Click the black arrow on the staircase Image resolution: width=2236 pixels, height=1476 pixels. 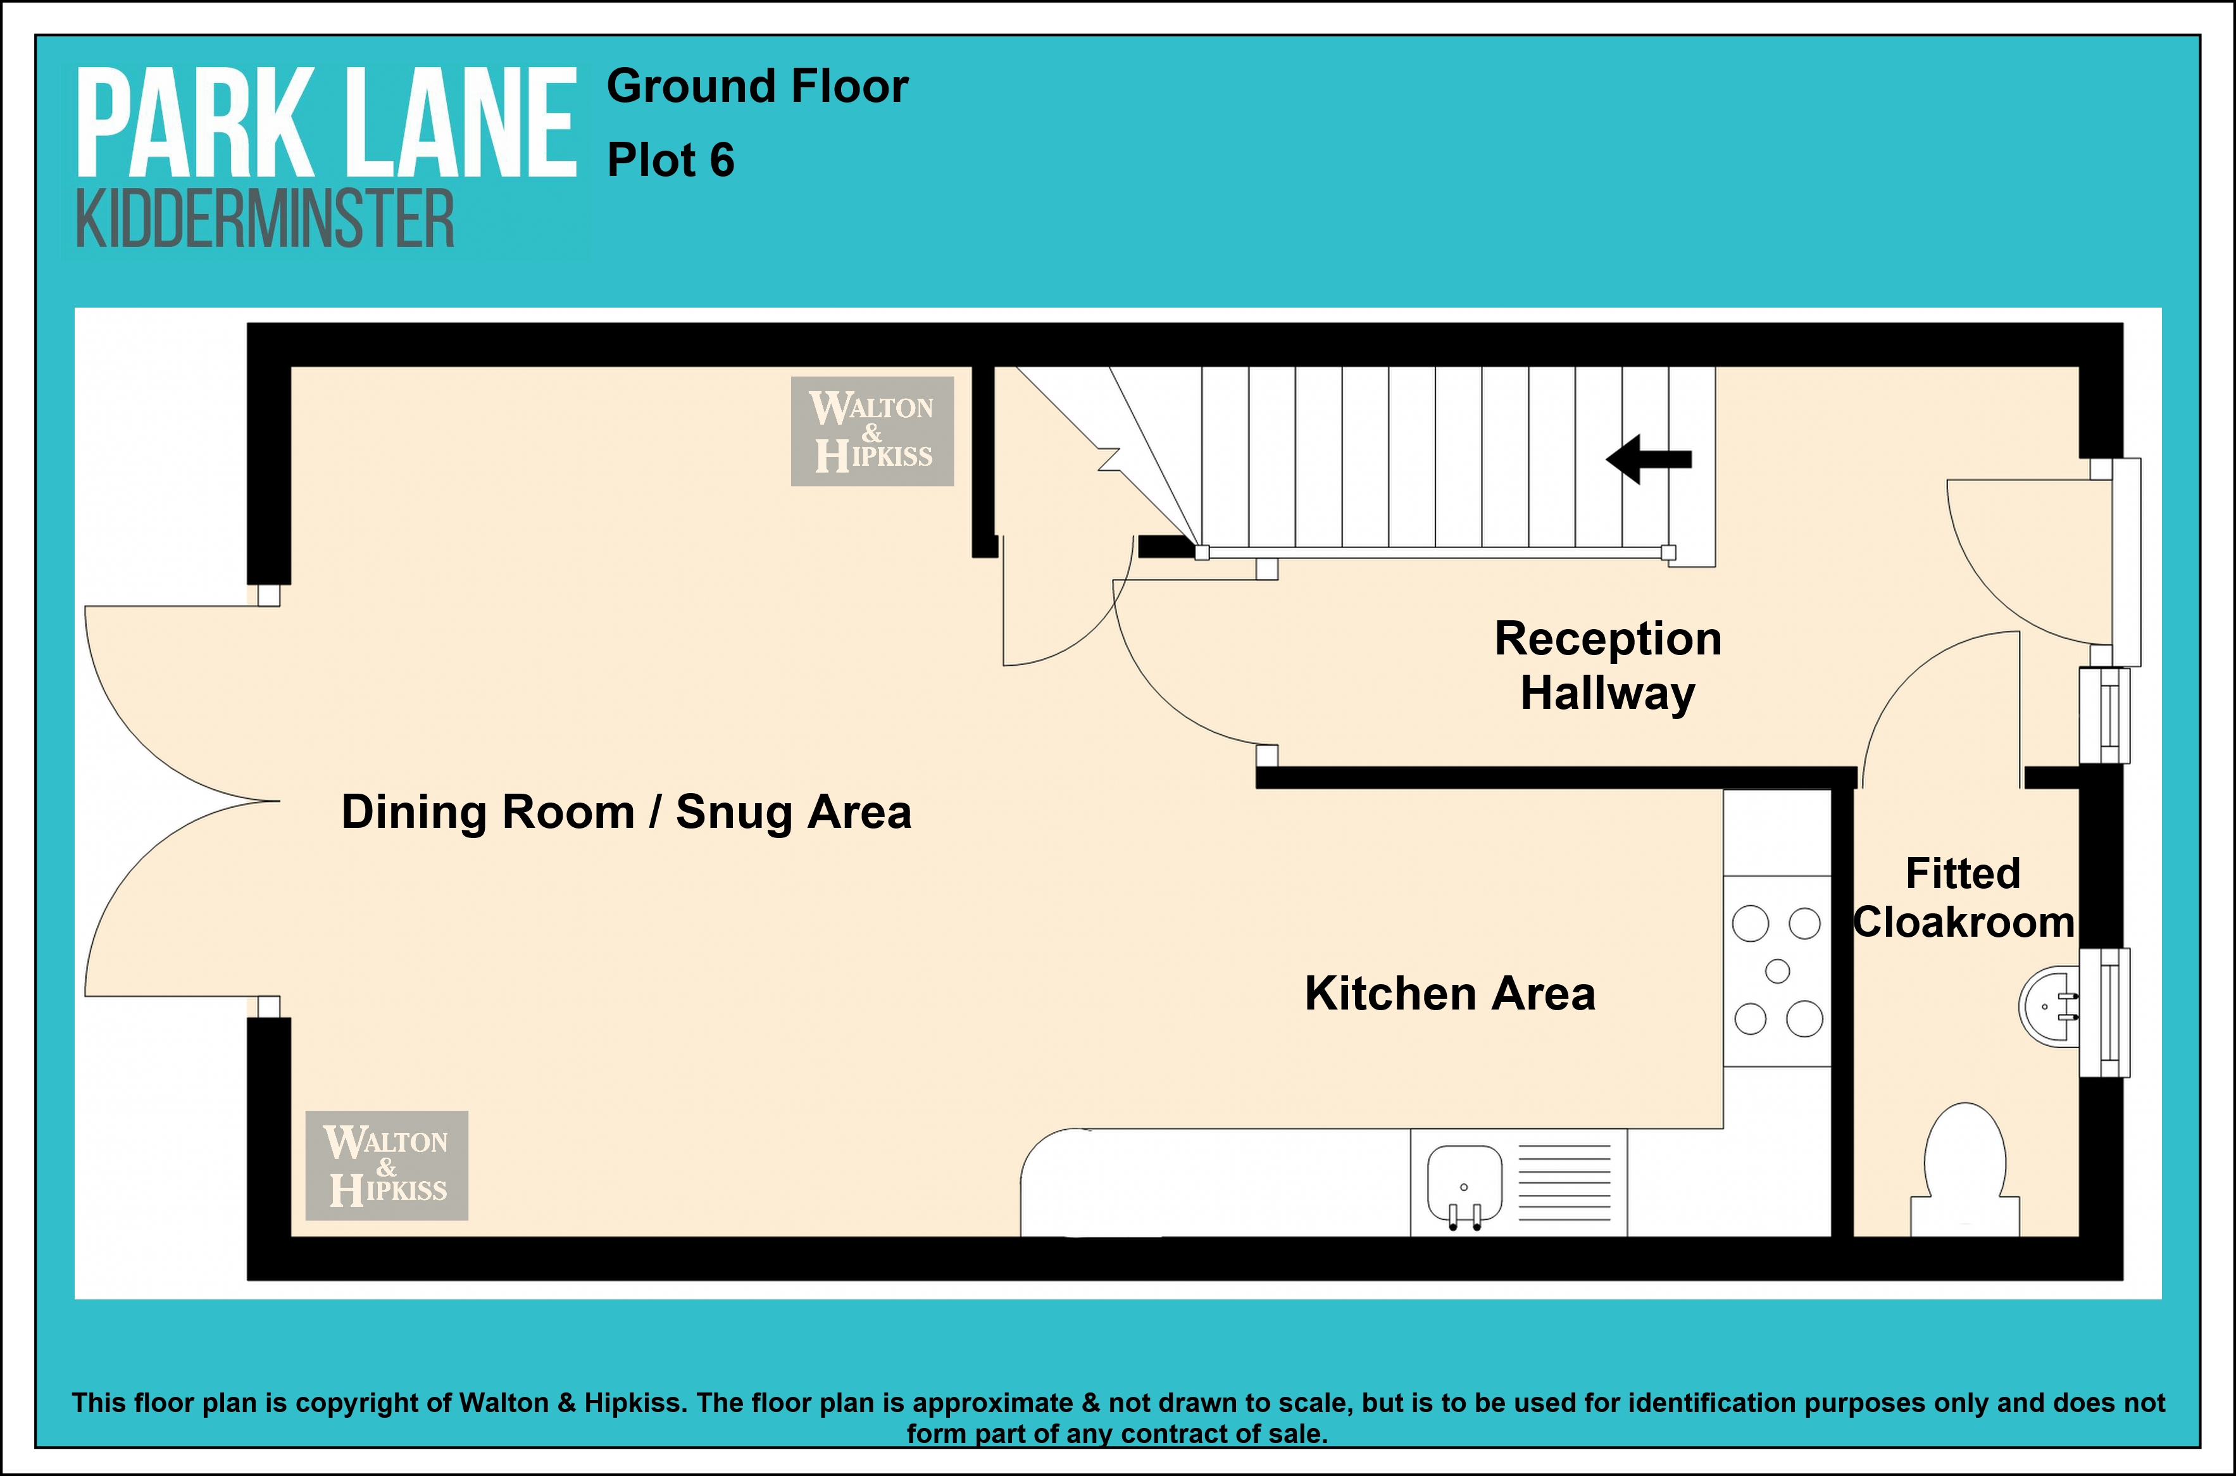pyautogui.click(x=1649, y=460)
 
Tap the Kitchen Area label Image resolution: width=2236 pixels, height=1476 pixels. pyautogui.click(x=1449, y=994)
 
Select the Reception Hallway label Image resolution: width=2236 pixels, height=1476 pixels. pyautogui.click(x=1608, y=665)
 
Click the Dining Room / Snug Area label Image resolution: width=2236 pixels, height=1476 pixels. pyautogui.click(x=626, y=812)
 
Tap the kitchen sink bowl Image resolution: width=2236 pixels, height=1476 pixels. pyautogui.click(x=1465, y=1182)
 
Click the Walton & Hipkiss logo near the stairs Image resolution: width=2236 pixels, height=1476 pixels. pyautogui.click(x=872, y=431)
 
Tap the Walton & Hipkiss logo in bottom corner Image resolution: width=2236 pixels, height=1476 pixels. pyautogui.click(x=387, y=1165)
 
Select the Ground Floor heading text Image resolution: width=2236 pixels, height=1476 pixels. pyautogui.click(x=758, y=87)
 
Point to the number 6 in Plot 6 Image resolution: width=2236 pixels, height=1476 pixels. pyautogui.click(x=721, y=160)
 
